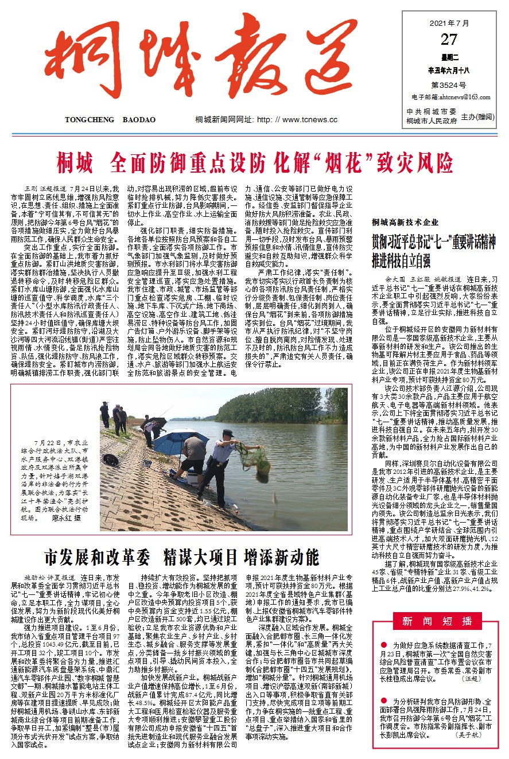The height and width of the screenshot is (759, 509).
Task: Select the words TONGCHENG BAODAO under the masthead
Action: coord(110,120)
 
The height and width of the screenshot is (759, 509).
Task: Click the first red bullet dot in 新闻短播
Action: coord(384,645)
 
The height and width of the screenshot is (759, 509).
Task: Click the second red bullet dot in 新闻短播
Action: coord(384,702)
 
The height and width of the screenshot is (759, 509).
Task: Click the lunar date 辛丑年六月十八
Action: coord(449,70)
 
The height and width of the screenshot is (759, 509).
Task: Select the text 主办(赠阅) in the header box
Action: coord(479,116)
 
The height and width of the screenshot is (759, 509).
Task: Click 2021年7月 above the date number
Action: coord(449,24)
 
